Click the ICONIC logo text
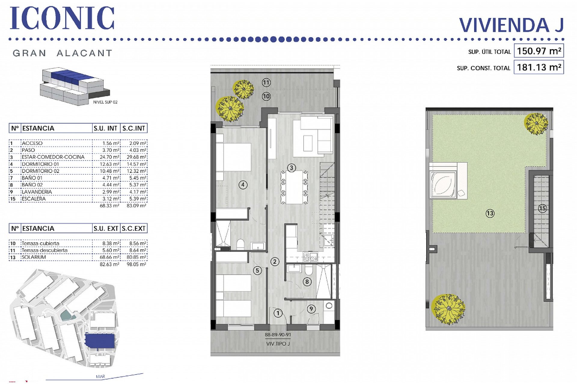coord(62,18)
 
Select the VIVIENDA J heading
coord(511,25)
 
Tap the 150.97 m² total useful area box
coord(539,51)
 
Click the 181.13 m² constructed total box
coord(539,67)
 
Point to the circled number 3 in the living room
coord(291,168)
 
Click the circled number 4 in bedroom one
coord(243,185)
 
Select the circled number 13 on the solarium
coord(490,213)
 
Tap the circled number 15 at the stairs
coord(542,208)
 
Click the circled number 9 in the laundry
coord(311,309)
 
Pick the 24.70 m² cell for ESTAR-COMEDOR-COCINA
coord(109,157)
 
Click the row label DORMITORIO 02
coord(40,171)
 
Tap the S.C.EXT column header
coord(133,228)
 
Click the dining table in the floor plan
coord(295,187)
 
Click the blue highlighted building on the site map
coord(100,340)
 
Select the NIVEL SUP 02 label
coord(105,102)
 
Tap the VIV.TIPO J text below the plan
coord(278,344)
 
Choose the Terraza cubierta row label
coord(40,243)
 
